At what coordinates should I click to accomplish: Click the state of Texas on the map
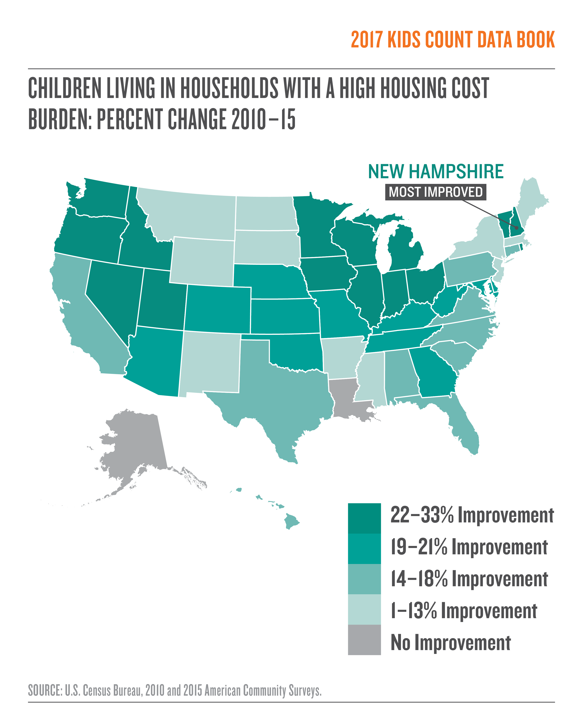[282, 393]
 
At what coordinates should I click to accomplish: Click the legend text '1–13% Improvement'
[463, 611]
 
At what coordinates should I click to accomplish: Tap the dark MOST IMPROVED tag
[436, 192]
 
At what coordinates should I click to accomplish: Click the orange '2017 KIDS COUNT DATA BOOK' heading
[453, 40]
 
